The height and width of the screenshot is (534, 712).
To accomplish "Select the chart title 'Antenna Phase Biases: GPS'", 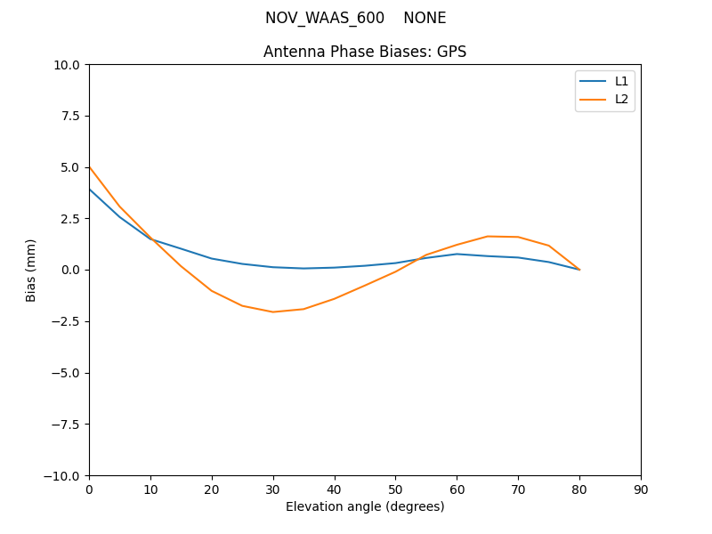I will (365, 52).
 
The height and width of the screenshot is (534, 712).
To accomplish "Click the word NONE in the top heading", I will (425, 18).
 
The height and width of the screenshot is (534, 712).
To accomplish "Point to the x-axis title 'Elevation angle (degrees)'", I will (365, 507).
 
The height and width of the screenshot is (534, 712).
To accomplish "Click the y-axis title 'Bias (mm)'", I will (32, 270).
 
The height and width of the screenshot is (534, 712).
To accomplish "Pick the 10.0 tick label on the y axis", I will (66, 65).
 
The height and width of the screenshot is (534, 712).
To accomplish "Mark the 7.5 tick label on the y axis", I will (69, 116).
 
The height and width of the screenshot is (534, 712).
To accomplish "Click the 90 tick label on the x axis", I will (641, 489).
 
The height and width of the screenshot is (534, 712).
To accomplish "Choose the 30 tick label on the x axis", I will (273, 489).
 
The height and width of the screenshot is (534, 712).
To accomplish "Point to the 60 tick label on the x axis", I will (457, 489).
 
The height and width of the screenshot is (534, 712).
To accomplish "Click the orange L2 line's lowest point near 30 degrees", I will (273, 311).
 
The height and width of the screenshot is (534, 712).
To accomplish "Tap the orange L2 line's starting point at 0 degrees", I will (89, 166).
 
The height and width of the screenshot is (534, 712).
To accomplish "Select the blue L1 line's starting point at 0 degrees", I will (89, 189).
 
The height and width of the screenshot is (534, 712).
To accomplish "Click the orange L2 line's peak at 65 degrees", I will (488, 236).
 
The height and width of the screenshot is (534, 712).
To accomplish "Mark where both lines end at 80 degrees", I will (579, 270).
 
